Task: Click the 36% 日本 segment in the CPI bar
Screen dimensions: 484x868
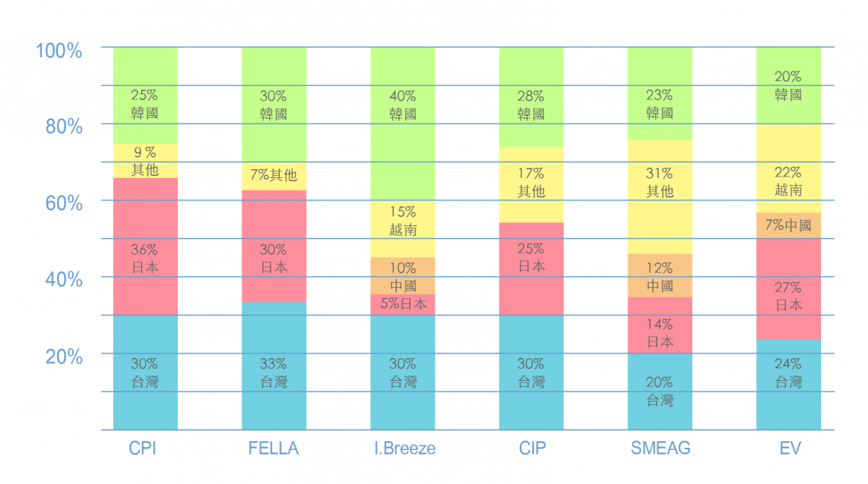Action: point(145,246)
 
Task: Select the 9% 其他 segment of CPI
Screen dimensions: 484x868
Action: point(145,161)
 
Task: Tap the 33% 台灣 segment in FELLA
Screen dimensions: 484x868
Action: point(273,365)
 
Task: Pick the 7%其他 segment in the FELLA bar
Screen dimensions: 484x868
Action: point(273,175)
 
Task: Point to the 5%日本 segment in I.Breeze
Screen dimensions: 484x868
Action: point(402,304)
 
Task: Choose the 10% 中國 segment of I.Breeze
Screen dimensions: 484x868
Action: point(402,276)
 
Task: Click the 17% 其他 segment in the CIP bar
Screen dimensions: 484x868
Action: point(531,184)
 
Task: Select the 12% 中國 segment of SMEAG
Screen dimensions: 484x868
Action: point(660,276)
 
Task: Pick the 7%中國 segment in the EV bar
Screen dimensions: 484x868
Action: point(788,225)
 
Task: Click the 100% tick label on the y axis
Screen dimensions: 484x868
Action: point(59,51)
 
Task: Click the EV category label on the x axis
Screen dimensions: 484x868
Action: point(790,449)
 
